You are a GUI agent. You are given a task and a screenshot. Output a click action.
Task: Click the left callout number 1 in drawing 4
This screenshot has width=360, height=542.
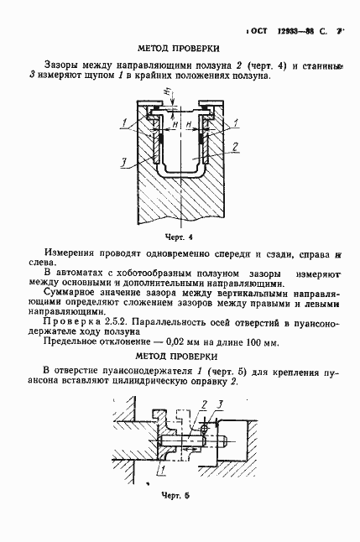click(123, 124)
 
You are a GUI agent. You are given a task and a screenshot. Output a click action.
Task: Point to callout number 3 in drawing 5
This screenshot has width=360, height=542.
click(220, 405)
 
